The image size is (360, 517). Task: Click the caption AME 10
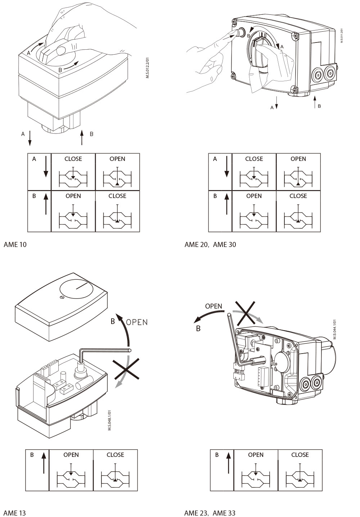[x=15, y=244]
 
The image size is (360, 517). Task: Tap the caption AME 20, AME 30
[x=210, y=244]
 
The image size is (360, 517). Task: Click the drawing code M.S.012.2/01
[x=148, y=68]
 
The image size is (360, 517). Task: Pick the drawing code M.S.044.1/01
[x=334, y=329]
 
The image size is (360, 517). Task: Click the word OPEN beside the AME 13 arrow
[x=137, y=322]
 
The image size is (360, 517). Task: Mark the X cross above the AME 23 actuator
[x=245, y=314]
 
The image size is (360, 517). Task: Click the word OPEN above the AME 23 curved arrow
[x=213, y=306]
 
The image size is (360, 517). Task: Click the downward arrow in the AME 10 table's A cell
[x=46, y=167]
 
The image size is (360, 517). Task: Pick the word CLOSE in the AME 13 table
[x=116, y=455]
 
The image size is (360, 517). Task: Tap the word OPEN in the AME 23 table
[x=256, y=455]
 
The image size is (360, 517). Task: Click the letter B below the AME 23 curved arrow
[x=198, y=328]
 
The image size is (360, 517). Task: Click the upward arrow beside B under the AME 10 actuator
[x=82, y=137]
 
